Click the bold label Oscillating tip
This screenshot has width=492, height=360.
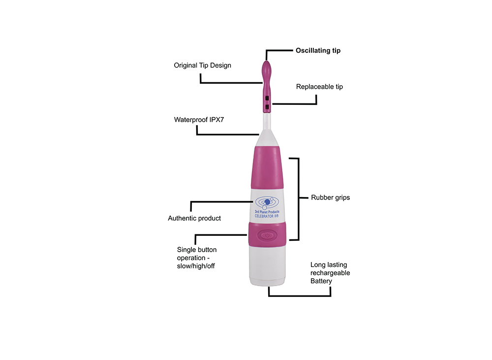pyautogui.click(x=318, y=51)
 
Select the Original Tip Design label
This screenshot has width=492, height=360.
pyautogui.click(x=202, y=65)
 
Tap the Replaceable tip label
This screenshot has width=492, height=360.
pyautogui.click(x=319, y=87)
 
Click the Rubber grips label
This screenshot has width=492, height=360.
pyautogui.click(x=330, y=198)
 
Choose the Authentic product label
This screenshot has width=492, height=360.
pyautogui.click(x=194, y=218)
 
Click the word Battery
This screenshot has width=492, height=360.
pyautogui.click(x=321, y=281)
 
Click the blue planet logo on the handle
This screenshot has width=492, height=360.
pyautogui.click(x=267, y=202)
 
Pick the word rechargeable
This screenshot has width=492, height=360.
pyautogui.click(x=330, y=273)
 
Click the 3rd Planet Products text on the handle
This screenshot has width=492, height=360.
pyautogui.click(x=267, y=211)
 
